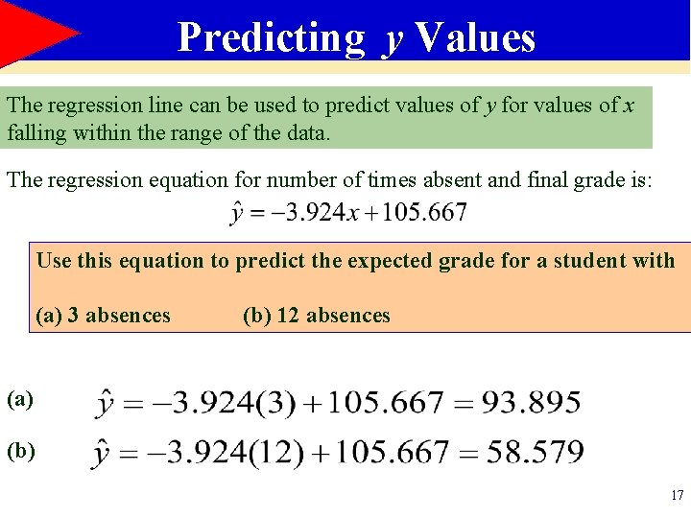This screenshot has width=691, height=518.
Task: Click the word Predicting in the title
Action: pyautogui.click(x=272, y=37)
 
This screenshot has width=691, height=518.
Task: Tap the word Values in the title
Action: pyautogui.click(x=475, y=37)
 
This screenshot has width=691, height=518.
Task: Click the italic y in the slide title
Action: pyautogui.click(x=392, y=40)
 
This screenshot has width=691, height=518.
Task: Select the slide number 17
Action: pyautogui.click(x=677, y=496)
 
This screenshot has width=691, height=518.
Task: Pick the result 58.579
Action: pyautogui.click(x=535, y=452)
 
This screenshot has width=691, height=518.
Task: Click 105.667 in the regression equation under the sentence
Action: pyautogui.click(x=424, y=212)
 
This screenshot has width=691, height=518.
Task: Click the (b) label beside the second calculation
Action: pyautogui.click(x=20, y=449)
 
